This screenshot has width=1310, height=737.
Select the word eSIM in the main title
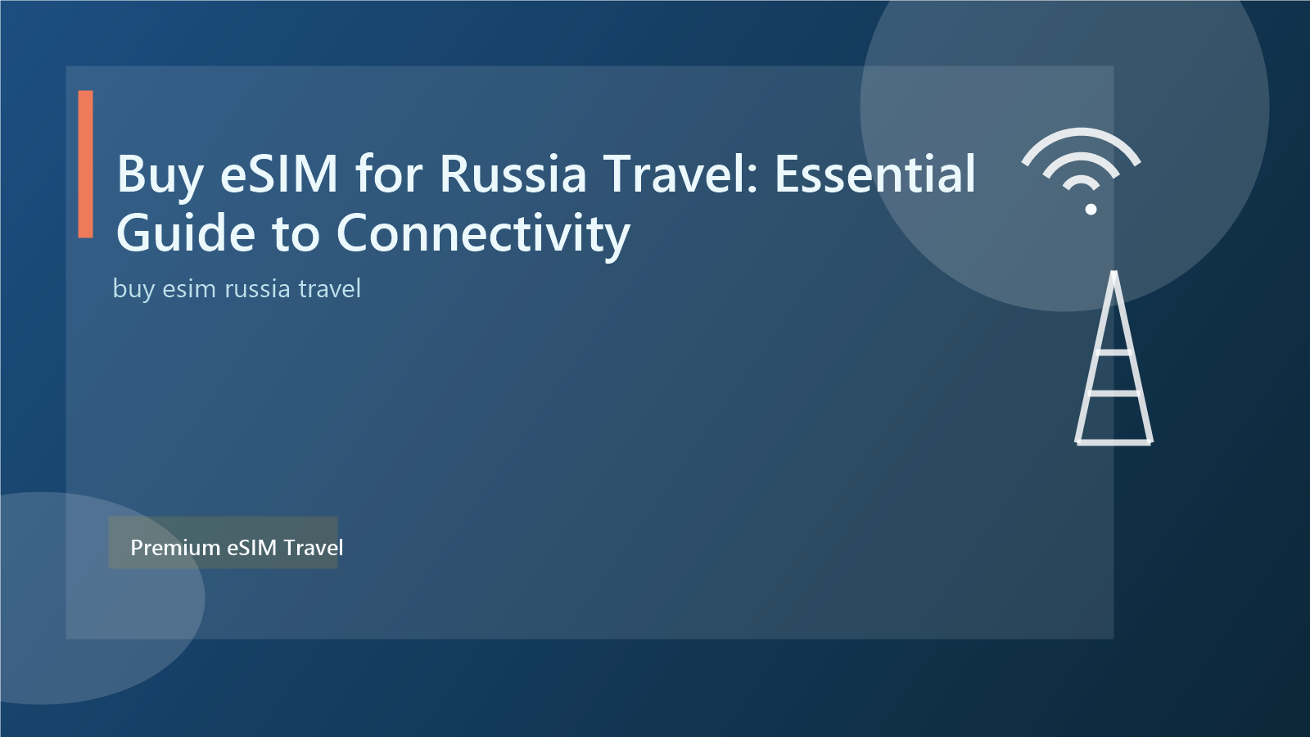(x=279, y=174)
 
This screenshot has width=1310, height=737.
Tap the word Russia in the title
(x=513, y=174)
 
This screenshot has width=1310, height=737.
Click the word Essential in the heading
(x=875, y=174)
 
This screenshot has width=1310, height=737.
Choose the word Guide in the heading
(x=186, y=233)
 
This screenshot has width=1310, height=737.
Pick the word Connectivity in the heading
(x=483, y=233)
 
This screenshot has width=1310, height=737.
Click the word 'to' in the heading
(x=296, y=233)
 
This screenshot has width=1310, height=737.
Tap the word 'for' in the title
(x=390, y=174)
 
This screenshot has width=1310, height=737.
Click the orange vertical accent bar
(x=86, y=164)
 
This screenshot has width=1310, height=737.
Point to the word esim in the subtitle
(x=189, y=289)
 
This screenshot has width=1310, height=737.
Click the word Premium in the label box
(x=175, y=548)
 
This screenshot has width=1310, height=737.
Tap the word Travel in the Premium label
(x=314, y=548)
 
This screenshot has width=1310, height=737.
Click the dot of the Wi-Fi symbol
(x=1091, y=209)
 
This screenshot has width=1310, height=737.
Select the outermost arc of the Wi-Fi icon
(x=1081, y=136)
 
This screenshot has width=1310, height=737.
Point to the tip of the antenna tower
(x=1113, y=274)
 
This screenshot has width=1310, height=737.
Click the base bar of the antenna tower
(x=1113, y=442)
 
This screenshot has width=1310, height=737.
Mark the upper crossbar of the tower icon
(x=1113, y=353)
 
